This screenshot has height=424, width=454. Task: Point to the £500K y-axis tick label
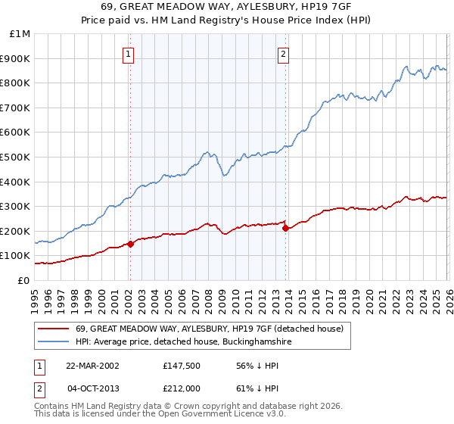[x=16, y=157]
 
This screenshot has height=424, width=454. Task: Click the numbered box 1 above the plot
[x=129, y=54]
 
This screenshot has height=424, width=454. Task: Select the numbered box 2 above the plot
[x=283, y=54]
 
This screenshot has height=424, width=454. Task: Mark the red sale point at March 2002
[x=130, y=244]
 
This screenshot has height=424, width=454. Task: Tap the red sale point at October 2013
[x=285, y=228]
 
